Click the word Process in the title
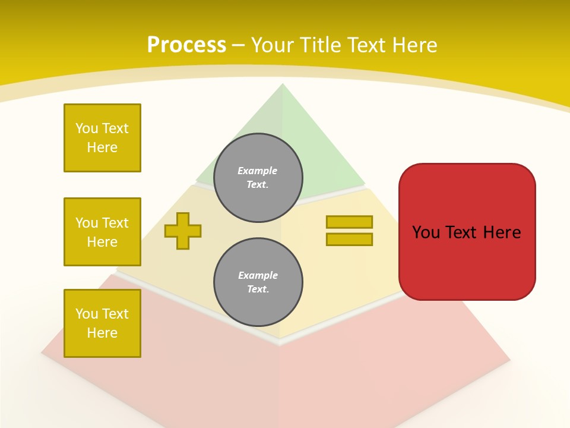click(x=186, y=45)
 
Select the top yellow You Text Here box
click(x=102, y=138)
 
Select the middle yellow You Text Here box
click(x=102, y=232)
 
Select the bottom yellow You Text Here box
click(x=102, y=323)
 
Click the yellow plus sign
click(x=183, y=231)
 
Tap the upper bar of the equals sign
click(x=349, y=222)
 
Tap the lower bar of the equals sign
click(x=349, y=240)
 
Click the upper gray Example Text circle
click(x=258, y=178)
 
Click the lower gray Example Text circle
click(x=258, y=282)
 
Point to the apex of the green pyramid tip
click(x=282, y=84)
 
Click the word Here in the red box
click(x=502, y=232)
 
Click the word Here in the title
click(x=415, y=45)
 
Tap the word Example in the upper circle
click(x=258, y=171)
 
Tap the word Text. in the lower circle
click(x=258, y=289)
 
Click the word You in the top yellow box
click(x=86, y=128)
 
